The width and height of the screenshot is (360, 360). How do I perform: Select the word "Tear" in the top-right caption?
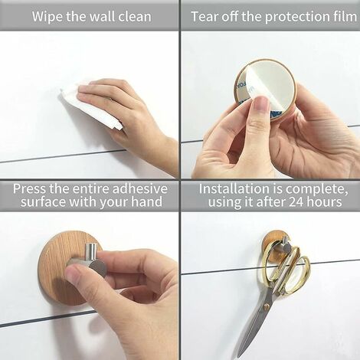[x=207, y=16]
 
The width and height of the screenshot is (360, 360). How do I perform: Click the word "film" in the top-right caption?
[x=338, y=16]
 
